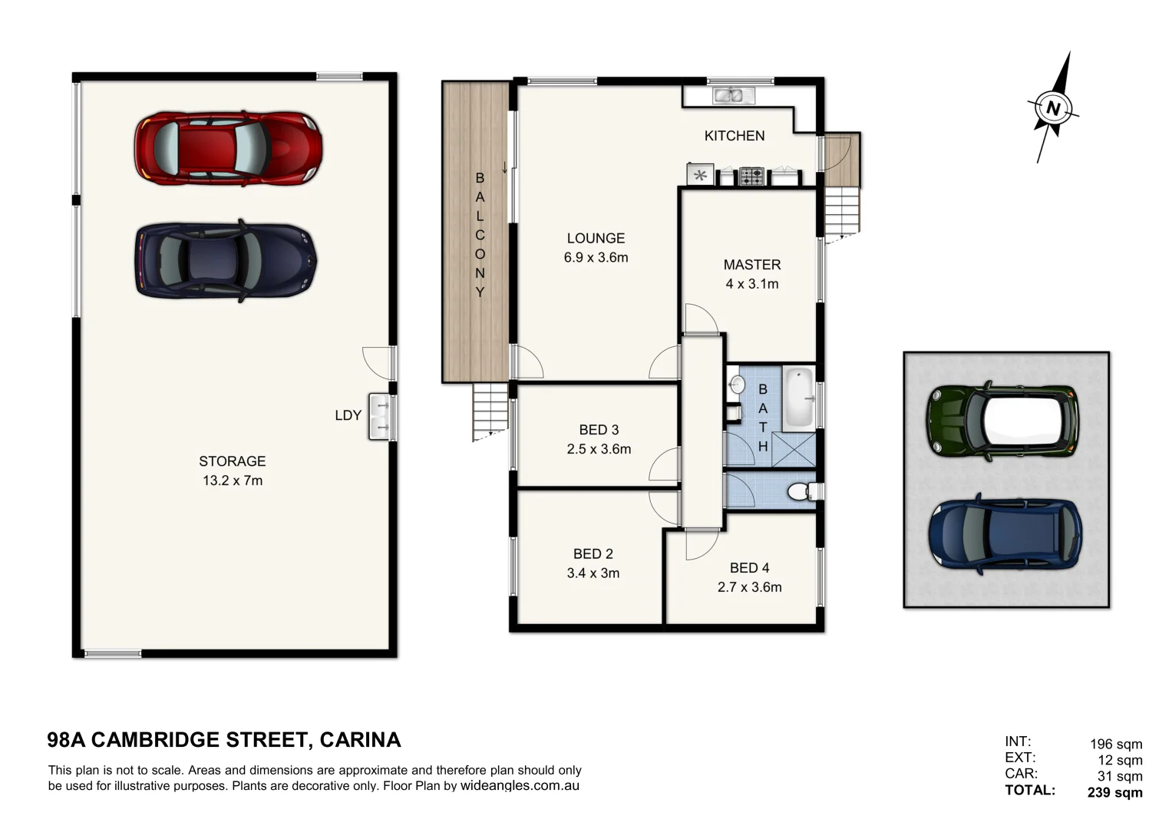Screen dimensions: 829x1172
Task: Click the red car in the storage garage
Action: (228, 148)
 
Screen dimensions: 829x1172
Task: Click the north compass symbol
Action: (1053, 108)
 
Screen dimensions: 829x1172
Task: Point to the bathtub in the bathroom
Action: (798, 398)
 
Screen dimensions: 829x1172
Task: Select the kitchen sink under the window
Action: (734, 96)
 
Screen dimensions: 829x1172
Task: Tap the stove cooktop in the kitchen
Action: (751, 177)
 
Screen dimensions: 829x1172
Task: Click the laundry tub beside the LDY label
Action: (379, 416)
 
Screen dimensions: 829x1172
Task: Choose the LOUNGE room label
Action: (596, 238)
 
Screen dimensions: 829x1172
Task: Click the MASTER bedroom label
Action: (751, 264)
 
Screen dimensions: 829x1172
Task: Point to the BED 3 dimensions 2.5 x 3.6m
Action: (599, 449)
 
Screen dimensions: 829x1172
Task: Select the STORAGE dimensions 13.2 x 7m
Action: (232, 481)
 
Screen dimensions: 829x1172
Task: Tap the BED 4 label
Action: (749, 567)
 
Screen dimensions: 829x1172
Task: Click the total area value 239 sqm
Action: (1114, 792)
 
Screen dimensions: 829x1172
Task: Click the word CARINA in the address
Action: (360, 740)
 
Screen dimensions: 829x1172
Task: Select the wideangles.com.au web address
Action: (520, 786)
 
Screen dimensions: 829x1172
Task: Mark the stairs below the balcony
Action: (490, 410)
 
